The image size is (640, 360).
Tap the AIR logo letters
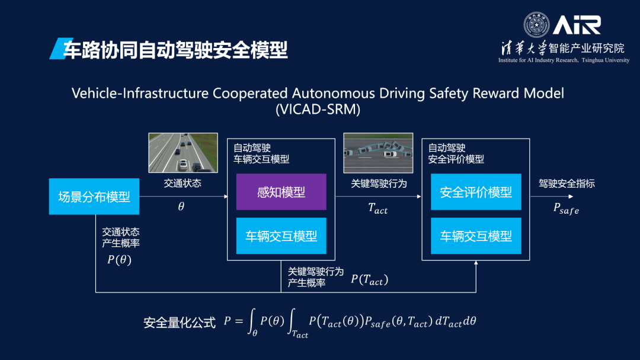point(577,24)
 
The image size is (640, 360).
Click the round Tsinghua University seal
point(536,24)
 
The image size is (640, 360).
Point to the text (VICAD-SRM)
point(318,110)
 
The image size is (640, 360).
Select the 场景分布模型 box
point(94,197)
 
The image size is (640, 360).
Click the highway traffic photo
point(183,153)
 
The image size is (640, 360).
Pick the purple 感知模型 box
point(281,192)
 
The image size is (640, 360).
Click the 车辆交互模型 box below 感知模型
point(281,236)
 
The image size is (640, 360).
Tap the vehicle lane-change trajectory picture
point(379,153)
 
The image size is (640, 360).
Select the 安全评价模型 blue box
point(476,192)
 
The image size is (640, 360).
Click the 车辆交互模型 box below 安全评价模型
point(476,236)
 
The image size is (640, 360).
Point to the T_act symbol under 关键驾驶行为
point(378,208)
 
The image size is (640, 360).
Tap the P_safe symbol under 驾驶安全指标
point(566,208)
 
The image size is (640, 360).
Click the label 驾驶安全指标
point(567,184)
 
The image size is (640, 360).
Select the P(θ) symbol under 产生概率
point(120,259)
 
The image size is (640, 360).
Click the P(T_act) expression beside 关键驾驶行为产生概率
point(369,279)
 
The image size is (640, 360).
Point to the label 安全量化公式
point(180,323)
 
